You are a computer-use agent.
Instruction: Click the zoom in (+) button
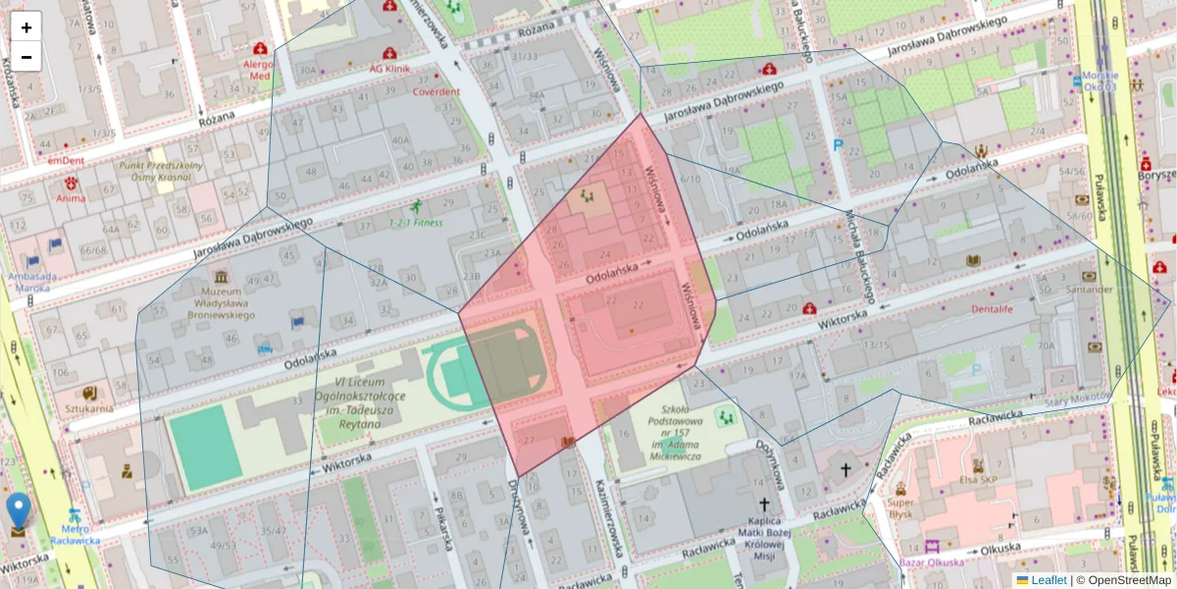pos(26,27)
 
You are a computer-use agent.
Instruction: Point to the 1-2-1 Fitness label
pos(416,222)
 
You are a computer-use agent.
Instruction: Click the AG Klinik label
pos(389,69)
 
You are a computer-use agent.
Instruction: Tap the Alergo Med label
pos(259,69)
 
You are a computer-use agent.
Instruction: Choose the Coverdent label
pos(435,91)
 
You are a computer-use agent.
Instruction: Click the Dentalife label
pos(991,308)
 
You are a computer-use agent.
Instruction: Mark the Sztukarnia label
pos(89,407)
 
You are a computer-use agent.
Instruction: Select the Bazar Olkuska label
pos(932,562)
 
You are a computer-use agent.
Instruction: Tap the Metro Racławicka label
pos(75,533)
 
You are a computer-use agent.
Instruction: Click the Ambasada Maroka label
pos(31,282)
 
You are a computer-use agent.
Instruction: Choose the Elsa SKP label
pos(977,479)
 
